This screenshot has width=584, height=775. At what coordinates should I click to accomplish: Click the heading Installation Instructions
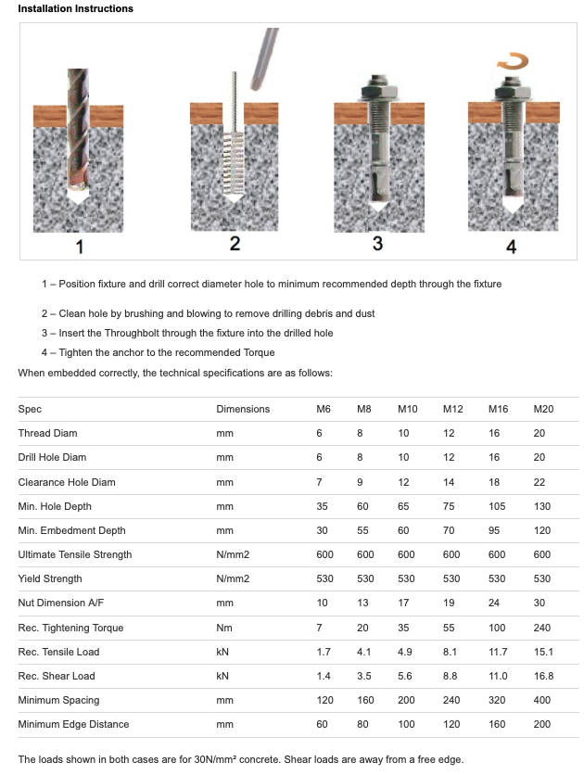[x=75, y=8]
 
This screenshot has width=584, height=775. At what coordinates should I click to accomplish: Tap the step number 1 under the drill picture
[x=80, y=247]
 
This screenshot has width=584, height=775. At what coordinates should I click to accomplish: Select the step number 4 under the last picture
[x=511, y=247]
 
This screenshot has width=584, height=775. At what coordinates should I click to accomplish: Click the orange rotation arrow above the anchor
[x=512, y=62]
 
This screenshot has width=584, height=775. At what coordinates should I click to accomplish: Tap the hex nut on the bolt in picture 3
[x=377, y=94]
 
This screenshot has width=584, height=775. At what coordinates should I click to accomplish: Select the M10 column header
[x=408, y=409]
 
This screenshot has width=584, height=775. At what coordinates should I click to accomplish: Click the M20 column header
[x=542, y=409]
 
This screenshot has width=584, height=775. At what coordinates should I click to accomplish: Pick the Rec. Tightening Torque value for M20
[x=542, y=628]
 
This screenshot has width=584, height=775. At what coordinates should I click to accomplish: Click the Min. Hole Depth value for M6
[x=324, y=506]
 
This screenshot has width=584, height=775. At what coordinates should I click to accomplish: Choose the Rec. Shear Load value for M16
[x=498, y=676]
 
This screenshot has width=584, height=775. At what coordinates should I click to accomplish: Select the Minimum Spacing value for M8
[x=364, y=700]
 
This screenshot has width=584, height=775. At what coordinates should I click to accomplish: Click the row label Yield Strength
[x=49, y=579]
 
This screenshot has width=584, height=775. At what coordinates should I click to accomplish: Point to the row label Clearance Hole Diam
[x=67, y=482]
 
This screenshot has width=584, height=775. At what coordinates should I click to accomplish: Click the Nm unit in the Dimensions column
[x=223, y=628]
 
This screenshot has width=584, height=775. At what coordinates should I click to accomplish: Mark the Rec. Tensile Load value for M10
[x=406, y=652]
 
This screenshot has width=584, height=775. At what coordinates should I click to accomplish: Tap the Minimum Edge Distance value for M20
[x=542, y=724]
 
